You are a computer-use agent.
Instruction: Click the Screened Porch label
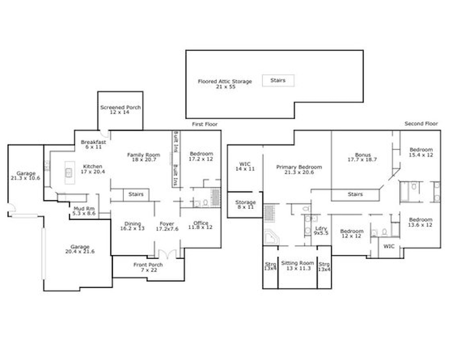(120, 110)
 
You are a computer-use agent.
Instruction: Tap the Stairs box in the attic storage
(278, 80)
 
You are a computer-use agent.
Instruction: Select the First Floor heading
(205, 124)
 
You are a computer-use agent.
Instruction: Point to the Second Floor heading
(421, 123)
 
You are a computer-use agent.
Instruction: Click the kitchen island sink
(69, 172)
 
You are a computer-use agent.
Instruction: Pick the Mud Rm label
(84, 211)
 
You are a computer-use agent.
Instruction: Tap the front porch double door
(168, 253)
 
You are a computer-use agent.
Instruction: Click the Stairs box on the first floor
(136, 195)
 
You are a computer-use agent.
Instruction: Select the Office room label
(200, 225)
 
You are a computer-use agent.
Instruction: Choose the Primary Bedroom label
(299, 170)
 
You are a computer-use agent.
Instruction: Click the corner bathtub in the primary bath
(272, 238)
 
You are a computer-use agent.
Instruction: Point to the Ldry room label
(321, 231)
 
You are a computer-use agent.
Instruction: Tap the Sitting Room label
(298, 266)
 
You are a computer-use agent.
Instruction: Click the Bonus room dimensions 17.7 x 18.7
(362, 160)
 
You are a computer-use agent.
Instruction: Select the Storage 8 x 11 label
(246, 204)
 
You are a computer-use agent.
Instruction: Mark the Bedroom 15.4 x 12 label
(421, 152)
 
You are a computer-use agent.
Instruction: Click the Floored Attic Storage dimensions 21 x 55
(226, 87)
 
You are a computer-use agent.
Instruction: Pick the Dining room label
(132, 226)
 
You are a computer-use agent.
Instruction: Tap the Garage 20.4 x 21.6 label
(80, 249)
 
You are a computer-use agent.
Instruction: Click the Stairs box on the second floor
(356, 195)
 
